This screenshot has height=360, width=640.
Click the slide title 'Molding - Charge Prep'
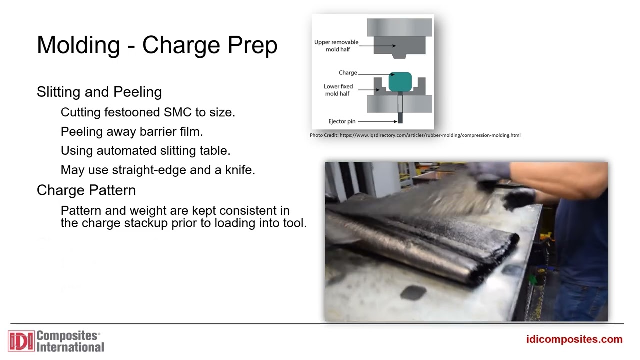point(157,45)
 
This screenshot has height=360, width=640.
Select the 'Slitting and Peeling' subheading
point(99,92)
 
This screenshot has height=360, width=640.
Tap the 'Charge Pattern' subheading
point(86,190)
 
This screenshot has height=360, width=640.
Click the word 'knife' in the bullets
point(238,170)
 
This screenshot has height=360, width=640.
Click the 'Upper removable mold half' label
point(336,46)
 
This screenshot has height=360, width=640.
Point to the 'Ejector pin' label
point(342,121)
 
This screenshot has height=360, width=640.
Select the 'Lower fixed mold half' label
point(338,90)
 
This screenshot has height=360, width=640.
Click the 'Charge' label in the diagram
point(348,73)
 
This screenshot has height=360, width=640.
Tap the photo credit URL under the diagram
point(430,135)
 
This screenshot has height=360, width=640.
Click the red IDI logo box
point(21,341)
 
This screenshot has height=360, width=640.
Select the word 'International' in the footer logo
point(70,347)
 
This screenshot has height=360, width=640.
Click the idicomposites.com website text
point(574,340)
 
